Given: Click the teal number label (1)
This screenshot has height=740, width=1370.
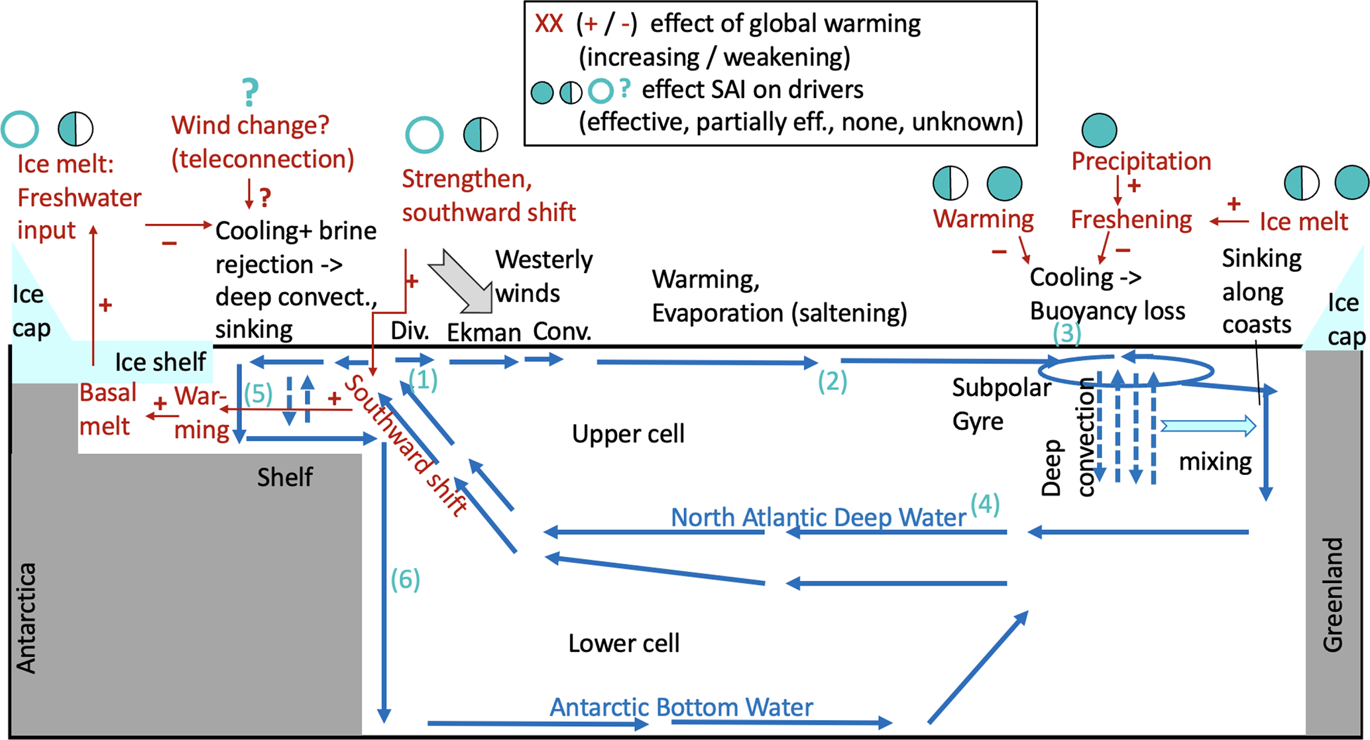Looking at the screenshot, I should (x=423, y=380).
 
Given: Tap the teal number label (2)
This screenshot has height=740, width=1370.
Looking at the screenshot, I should (x=832, y=382).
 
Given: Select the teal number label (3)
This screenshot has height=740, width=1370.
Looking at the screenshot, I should (x=1066, y=333).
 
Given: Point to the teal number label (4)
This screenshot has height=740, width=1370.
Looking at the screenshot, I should (x=985, y=504).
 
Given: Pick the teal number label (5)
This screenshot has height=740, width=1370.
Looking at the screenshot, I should (x=258, y=394).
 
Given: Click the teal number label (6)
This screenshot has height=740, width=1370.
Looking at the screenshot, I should (x=405, y=580).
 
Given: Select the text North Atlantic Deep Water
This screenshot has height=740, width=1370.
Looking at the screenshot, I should (x=818, y=517).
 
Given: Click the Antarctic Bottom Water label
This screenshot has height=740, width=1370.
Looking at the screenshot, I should (x=681, y=707).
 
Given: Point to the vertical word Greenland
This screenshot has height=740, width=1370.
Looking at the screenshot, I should (x=1333, y=594).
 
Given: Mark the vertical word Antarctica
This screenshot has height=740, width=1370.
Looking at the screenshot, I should (x=27, y=618).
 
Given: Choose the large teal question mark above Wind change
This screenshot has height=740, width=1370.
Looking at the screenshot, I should (x=250, y=92).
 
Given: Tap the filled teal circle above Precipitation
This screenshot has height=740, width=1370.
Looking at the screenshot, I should (x=1099, y=130).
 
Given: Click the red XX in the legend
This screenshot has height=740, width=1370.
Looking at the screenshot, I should (x=549, y=25).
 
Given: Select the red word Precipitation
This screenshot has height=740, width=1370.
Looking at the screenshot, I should (x=1141, y=162).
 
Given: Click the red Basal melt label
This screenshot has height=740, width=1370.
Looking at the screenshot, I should (x=107, y=409).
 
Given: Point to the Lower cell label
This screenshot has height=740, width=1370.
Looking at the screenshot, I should (x=624, y=643).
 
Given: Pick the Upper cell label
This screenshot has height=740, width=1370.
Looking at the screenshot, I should (x=628, y=434).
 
